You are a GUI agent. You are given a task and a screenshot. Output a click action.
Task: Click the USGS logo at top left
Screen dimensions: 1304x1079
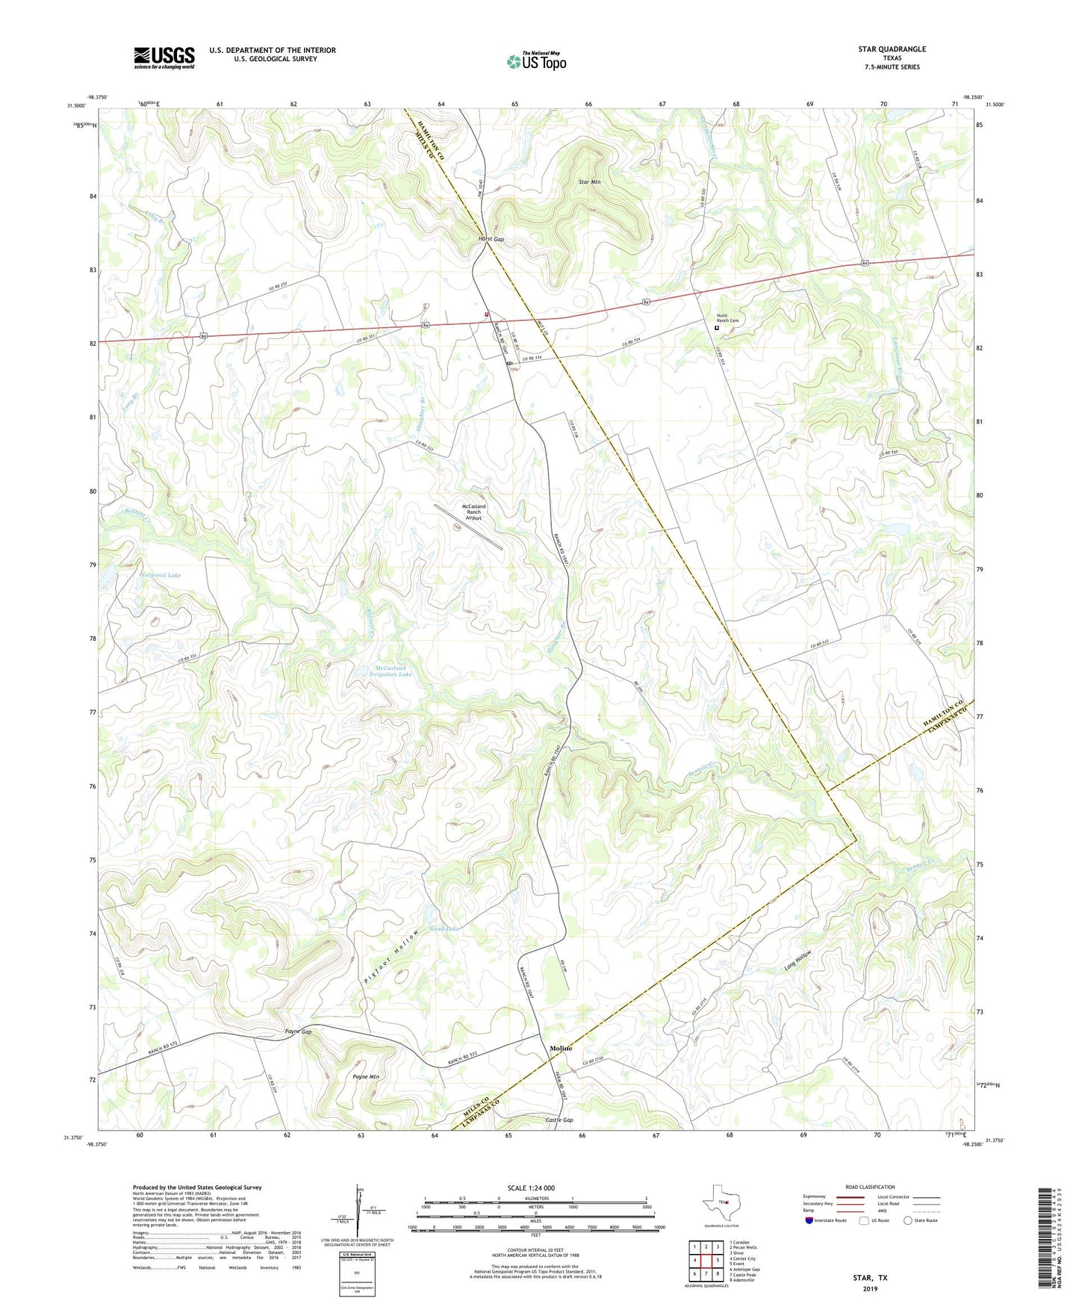pyautogui.click(x=164, y=58)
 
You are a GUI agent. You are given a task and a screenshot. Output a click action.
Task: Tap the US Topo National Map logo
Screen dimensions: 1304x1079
pyautogui.click(x=536, y=61)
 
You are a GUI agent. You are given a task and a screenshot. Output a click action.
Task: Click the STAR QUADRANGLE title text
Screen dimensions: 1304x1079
pyautogui.click(x=892, y=49)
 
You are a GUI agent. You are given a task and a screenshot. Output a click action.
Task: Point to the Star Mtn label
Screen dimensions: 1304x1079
pyautogui.click(x=590, y=182)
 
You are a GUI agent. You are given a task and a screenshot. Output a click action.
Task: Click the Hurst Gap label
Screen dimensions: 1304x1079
pyautogui.click(x=491, y=240)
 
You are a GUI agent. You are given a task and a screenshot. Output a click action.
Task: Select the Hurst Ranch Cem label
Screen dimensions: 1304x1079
pyautogui.click(x=727, y=318)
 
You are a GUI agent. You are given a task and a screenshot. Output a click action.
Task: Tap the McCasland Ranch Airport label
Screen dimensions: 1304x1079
pyautogui.click(x=474, y=512)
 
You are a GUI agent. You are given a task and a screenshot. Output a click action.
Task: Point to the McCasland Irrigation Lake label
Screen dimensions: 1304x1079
pyautogui.click(x=391, y=671)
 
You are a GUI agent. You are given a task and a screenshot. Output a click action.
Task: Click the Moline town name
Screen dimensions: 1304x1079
pyautogui.click(x=561, y=1049)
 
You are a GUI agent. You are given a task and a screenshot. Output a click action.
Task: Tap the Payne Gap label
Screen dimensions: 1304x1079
pyautogui.click(x=298, y=1031)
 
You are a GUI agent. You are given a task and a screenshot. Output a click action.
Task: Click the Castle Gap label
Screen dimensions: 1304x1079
pyautogui.click(x=559, y=1120)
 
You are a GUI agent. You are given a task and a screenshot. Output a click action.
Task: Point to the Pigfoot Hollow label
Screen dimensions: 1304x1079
pyautogui.click(x=393, y=959)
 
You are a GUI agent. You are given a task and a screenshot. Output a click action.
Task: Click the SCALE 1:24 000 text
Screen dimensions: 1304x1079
pyautogui.click(x=531, y=1188)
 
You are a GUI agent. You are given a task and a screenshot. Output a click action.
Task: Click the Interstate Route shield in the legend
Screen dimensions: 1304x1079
pyautogui.click(x=810, y=1220)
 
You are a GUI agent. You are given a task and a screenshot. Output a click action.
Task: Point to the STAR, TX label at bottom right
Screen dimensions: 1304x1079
pyautogui.click(x=870, y=1278)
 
